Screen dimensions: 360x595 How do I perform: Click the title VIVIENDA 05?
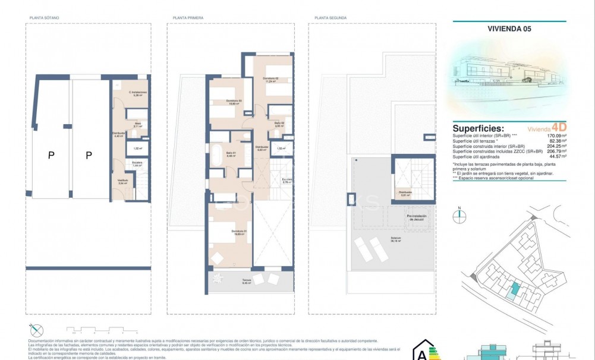(x=509, y=27)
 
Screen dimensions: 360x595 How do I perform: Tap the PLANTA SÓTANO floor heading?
(x=44, y=18)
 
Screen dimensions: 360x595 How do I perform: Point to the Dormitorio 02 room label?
(x=271, y=80)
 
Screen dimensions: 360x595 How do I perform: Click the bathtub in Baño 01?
(x=216, y=154)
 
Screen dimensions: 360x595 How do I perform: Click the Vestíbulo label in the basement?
(x=122, y=183)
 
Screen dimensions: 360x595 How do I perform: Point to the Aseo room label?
(x=137, y=125)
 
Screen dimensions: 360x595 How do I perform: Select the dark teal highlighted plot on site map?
(x=515, y=289)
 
